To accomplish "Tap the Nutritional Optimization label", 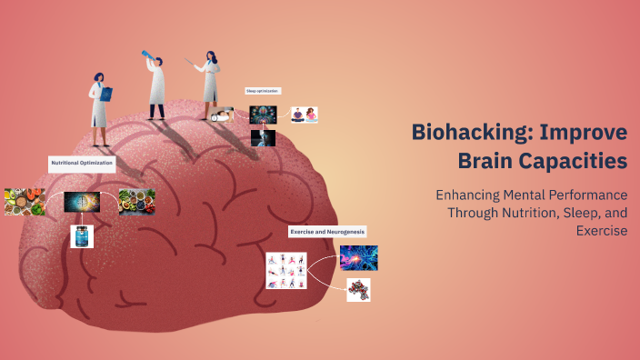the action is [82, 164].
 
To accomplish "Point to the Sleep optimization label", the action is [263, 91].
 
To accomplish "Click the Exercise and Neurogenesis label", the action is [327, 232].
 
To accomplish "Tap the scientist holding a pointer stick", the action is [210, 82].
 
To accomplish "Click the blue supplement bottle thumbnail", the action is [82, 235].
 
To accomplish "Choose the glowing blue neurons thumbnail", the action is [358, 258].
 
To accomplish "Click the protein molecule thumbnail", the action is [358, 290].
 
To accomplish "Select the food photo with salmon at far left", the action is [25, 202].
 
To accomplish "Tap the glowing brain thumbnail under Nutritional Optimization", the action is [82, 202].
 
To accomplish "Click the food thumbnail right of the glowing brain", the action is [137, 202].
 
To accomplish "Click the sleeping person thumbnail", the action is [221, 115].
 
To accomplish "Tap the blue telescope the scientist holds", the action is [145, 56].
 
